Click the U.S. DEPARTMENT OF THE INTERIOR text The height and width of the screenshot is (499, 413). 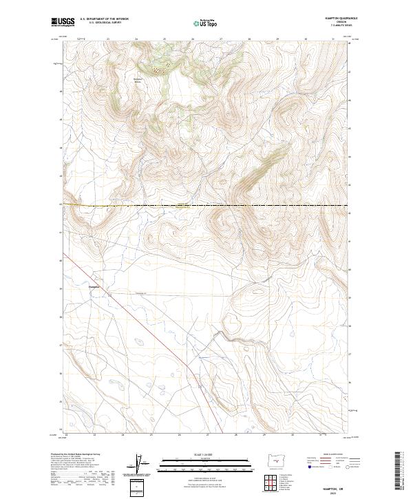pos(104,19)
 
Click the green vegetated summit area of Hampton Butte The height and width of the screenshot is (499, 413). pos(160,67)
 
